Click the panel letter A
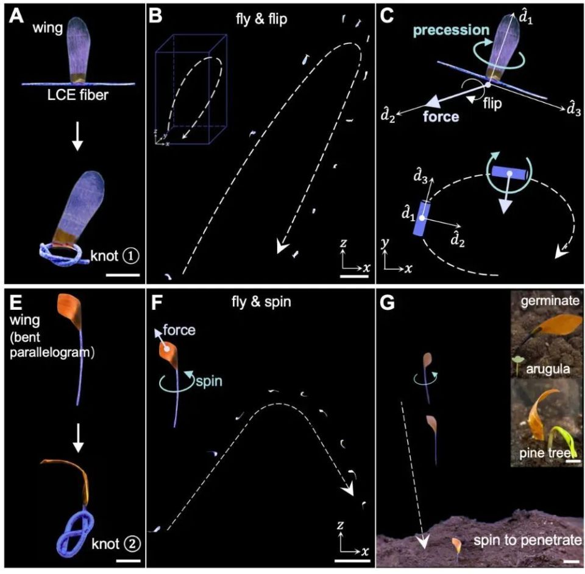pos(16,16)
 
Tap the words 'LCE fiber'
pos(77,95)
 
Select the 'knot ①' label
pos(115,256)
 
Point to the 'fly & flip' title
pos(261,19)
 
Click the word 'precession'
pos(452,30)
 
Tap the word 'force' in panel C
pos(441,117)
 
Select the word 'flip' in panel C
pos(492,103)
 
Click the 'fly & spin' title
pos(261,301)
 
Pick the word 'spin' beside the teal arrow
pos(209,382)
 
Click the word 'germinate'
pos(550,301)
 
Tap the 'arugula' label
pos(548,369)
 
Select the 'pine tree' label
pos(545,453)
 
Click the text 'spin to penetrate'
pos(528,541)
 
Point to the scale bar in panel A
pos(122,275)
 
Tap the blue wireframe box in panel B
pos(191,89)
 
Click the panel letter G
pos(387,303)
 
